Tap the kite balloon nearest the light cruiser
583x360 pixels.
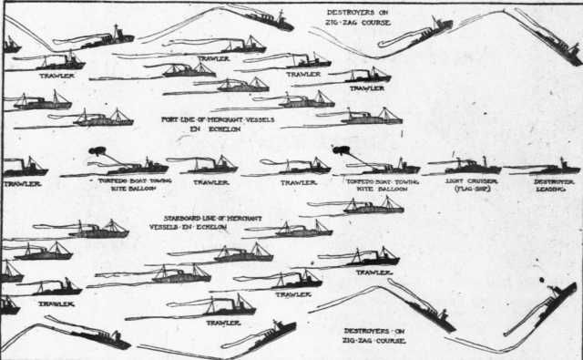coord(342,149)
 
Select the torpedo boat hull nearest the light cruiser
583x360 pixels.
coord(383,169)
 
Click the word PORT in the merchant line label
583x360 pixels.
coord(169,119)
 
